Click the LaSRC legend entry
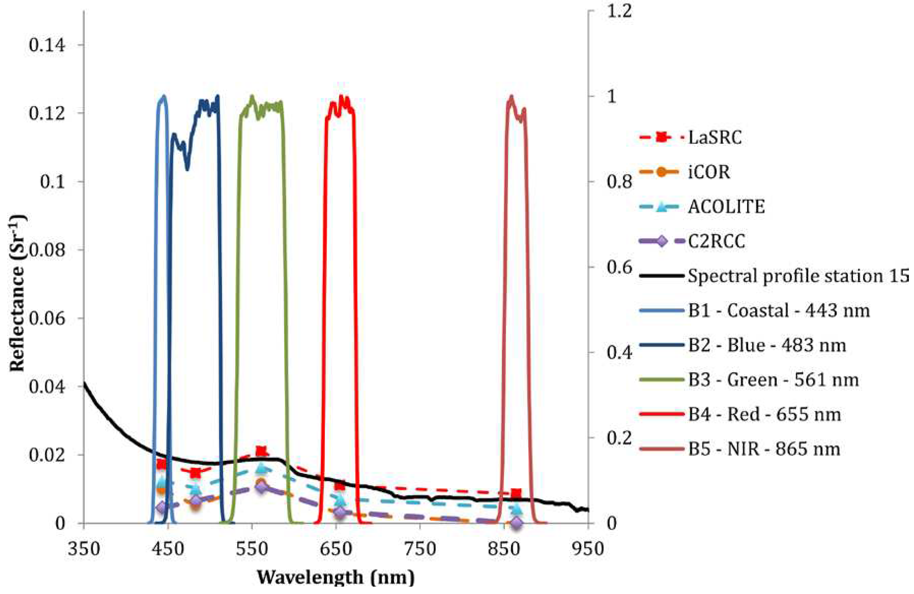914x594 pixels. (714, 137)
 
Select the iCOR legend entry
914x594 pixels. (708, 172)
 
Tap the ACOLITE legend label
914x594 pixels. (726, 207)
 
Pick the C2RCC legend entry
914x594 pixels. (717, 241)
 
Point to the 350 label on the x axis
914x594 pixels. (84, 549)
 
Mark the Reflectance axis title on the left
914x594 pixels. (18, 294)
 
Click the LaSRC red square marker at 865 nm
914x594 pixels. (516, 494)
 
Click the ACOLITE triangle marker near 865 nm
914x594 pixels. (517, 509)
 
